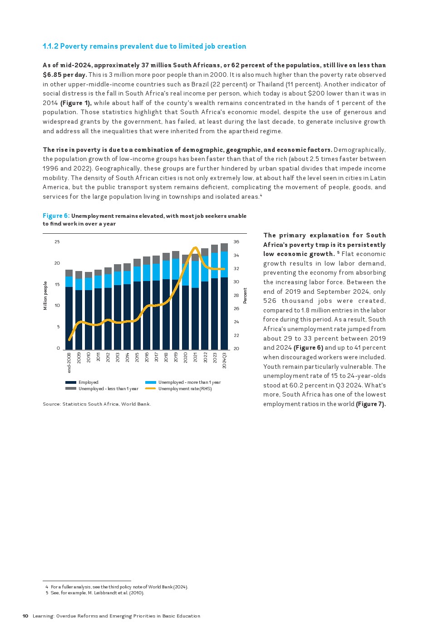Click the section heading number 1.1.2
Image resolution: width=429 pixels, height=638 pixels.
click(x=50, y=46)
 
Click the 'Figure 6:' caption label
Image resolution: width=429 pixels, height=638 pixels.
click(x=56, y=216)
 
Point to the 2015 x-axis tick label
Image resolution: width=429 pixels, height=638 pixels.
click(x=137, y=357)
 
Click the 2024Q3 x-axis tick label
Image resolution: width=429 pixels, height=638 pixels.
click(x=224, y=360)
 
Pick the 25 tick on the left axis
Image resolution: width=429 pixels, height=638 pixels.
click(x=57, y=242)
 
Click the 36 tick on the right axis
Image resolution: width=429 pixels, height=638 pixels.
click(x=236, y=242)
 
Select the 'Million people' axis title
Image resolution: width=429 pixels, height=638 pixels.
click(x=45, y=296)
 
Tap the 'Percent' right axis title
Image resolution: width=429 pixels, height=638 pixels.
click(x=245, y=296)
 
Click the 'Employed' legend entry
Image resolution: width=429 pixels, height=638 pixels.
click(x=88, y=382)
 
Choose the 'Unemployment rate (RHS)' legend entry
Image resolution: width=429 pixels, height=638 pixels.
click(x=185, y=389)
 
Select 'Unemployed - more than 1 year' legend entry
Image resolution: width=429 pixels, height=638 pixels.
click(x=189, y=382)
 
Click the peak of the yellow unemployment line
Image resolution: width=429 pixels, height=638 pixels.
click(x=195, y=248)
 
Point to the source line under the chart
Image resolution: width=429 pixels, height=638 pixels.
click(x=97, y=404)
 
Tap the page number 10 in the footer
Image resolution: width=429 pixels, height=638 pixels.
click(x=25, y=616)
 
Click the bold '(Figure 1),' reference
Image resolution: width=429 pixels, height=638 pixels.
click(x=76, y=103)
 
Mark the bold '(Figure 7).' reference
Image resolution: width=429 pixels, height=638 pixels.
click(x=370, y=404)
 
